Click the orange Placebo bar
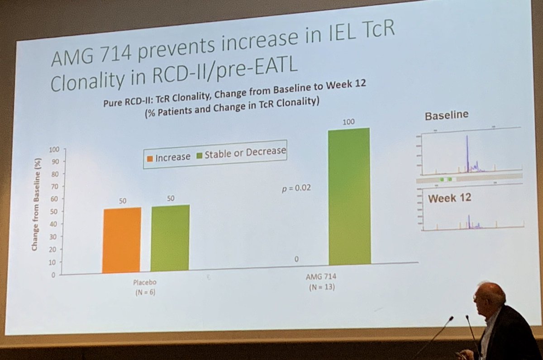pos(122,240)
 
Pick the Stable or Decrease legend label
pos(245,153)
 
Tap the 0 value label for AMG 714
pos(296,259)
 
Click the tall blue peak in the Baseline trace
pos(467,154)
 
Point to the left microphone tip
pos(451,319)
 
